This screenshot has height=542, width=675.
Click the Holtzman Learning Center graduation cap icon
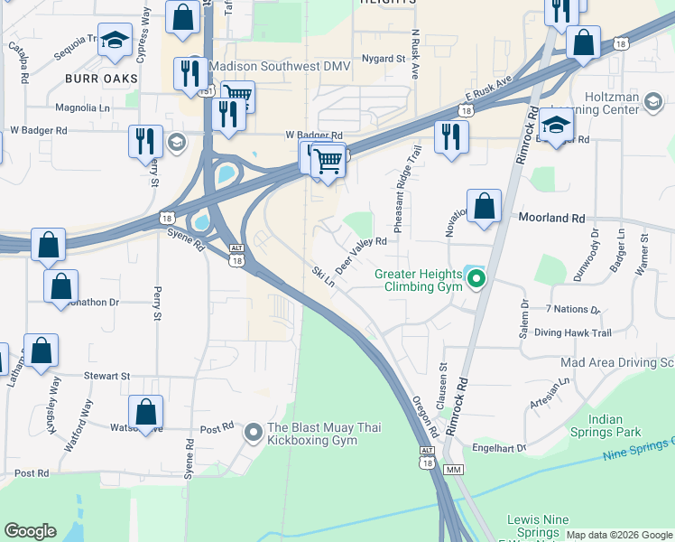tap(652, 104)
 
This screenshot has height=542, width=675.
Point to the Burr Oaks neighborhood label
tap(101, 79)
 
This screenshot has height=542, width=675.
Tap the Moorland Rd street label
tap(552, 218)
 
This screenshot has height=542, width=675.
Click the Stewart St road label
tap(108, 375)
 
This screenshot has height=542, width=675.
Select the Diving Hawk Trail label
tap(572, 332)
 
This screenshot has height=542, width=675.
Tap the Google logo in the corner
tap(30, 531)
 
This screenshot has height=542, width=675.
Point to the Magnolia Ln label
tap(83, 107)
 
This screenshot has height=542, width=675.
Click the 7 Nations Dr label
tap(567, 309)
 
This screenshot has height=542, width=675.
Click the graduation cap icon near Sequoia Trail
tap(115, 41)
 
